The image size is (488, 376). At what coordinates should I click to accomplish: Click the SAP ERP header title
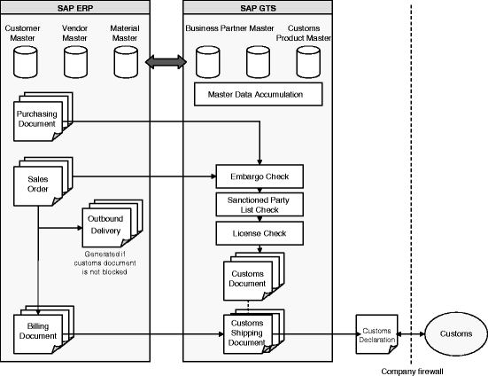[x=75, y=8]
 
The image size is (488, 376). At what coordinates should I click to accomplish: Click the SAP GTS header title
[x=258, y=8]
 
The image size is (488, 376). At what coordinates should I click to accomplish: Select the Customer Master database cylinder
[x=25, y=62]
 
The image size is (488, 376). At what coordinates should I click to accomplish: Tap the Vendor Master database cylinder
[x=75, y=62]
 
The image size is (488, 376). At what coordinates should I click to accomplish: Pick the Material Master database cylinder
[x=126, y=62]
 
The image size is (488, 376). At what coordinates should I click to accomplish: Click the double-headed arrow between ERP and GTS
[x=167, y=62]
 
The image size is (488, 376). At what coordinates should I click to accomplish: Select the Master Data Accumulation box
[x=259, y=94]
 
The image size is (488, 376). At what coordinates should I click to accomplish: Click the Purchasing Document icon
[x=43, y=116]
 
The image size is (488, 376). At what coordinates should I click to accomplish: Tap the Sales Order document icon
[x=43, y=181]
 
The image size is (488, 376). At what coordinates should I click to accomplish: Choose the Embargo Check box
[x=259, y=176]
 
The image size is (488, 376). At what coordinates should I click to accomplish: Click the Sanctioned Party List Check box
[x=259, y=205]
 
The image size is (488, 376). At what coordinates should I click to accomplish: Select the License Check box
[x=259, y=233]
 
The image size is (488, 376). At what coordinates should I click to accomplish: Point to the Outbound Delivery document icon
[x=112, y=223]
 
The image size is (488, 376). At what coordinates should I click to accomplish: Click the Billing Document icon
[x=43, y=330]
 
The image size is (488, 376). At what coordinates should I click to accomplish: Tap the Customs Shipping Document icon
[x=253, y=332]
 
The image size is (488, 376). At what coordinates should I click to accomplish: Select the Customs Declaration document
[x=377, y=334]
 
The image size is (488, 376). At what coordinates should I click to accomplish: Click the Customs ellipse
[x=456, y=334]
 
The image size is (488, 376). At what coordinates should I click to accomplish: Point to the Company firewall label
[x=412, y=372]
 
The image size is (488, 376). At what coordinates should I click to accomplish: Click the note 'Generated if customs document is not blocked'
[x=105, y=262]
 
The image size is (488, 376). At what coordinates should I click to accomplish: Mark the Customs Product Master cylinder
[x=308, y=62]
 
